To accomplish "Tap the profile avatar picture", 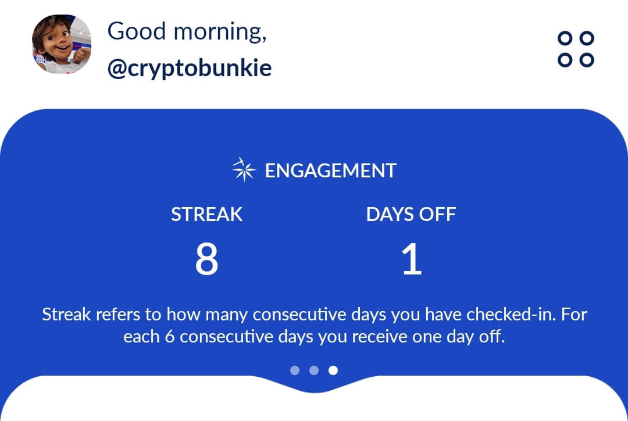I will click(x=61, y=44).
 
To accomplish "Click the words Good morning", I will click(x=187, y=31).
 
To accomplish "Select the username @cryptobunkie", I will click(x=190, y=69).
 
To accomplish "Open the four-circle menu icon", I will click(x=576, y=49).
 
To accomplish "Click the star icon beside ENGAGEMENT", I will click(x=244, y=170).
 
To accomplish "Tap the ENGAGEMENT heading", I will click(x=330, y=171).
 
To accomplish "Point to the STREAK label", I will click(x=206, y=215).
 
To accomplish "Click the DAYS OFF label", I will click(x=411, y=215).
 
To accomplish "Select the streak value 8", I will click(x=206, y=260).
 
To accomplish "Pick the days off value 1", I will click(x=411, y=260).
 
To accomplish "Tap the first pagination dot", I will click(x=295, y=370).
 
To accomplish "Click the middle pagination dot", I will click(x=314, y=370).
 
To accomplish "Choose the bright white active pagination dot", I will click(x=333, y=370).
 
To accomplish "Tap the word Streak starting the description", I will click(x=66, y=315).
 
